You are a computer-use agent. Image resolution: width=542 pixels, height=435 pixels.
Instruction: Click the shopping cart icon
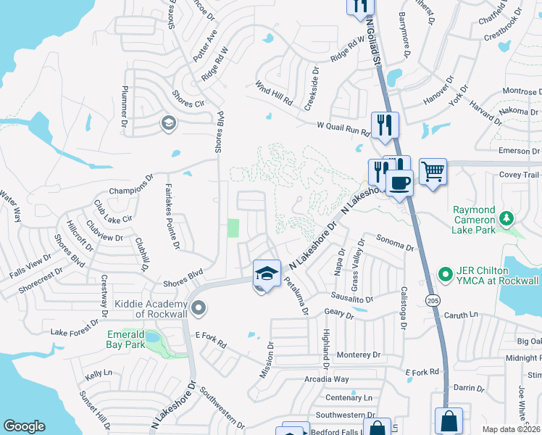433,172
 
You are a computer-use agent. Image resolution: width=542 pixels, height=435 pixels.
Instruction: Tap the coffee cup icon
399,182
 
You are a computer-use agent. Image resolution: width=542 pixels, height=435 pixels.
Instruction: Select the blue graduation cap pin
267,273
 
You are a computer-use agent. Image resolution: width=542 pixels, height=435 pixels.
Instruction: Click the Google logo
24,426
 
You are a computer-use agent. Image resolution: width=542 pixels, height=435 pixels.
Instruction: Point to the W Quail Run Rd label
343,129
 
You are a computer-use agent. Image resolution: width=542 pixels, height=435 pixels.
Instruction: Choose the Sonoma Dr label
394,241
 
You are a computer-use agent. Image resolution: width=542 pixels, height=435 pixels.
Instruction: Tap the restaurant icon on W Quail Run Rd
383,124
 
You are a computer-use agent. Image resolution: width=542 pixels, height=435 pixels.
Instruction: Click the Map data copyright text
512,429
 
